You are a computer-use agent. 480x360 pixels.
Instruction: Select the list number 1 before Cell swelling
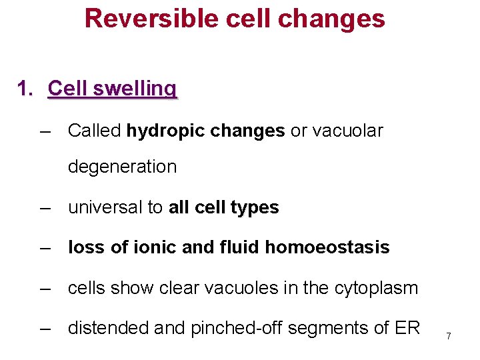[x=25, y=88]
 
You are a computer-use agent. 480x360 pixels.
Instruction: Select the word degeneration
[x=122, y=167]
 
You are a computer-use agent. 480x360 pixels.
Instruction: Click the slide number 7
[x=449, y=337]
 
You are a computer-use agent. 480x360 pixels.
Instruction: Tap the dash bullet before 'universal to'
[x=45, y=208]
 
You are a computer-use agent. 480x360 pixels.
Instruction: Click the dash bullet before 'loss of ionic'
[x=45, y=248]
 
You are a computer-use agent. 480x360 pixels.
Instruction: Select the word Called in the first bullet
[x=95, y=131]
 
